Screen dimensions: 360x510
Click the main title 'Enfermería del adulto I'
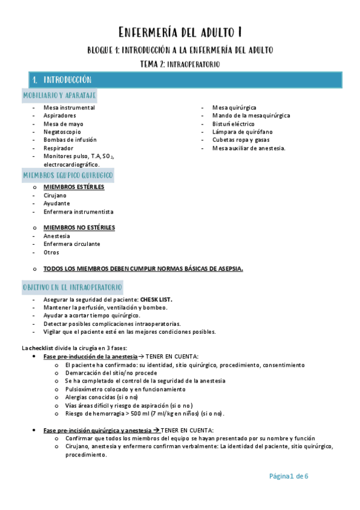click(180, 31)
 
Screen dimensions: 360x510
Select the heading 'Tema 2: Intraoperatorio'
click(180, 63)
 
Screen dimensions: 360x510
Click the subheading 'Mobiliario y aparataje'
click(59, 95)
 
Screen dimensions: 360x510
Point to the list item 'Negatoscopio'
click(61, 131)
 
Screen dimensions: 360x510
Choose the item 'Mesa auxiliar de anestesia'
click(249, 147)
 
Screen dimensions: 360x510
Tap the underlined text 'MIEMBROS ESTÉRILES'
click(73, 187)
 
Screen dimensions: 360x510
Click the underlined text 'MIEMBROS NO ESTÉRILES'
click(79, 228)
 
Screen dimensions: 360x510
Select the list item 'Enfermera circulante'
click(72, 244)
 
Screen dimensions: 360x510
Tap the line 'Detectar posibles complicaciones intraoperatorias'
click(112, 324)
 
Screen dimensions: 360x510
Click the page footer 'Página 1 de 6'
click(288, 476)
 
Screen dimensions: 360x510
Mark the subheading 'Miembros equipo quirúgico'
click(68, 175)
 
